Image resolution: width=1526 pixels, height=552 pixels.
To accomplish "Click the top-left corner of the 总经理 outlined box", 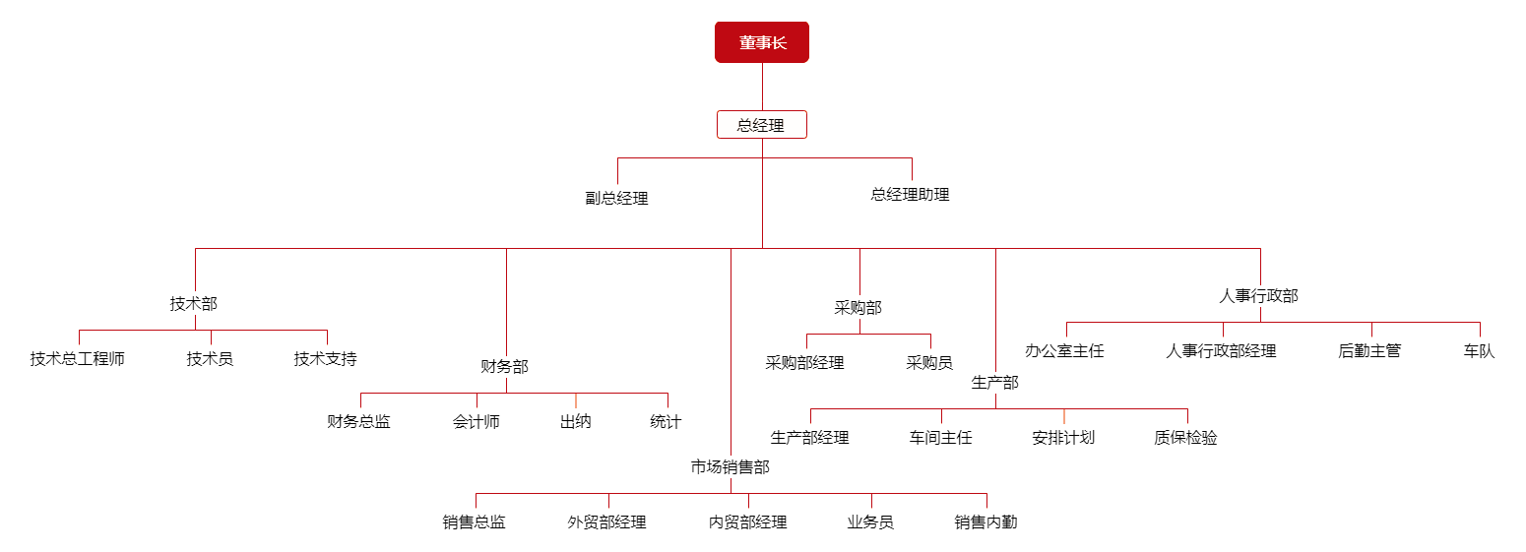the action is [718, 111].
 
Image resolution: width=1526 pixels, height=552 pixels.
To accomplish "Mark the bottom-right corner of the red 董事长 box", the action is [808, 63].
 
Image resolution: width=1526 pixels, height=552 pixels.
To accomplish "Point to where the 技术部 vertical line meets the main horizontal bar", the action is [196, 248].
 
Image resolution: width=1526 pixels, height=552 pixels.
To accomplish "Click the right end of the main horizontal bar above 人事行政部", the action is [1260, 248].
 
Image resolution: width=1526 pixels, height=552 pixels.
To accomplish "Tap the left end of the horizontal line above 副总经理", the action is [618, 157].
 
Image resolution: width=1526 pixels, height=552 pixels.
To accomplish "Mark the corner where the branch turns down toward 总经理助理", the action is [913, 157].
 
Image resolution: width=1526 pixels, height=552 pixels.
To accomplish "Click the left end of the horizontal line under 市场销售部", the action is [477, 494].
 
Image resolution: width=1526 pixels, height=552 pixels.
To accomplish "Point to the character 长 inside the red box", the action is [780, 43].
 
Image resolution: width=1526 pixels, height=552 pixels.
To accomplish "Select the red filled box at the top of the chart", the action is [762, 42].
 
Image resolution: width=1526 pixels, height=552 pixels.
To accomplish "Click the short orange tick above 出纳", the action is [576, 400].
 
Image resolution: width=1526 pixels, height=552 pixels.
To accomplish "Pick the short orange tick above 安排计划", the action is [1063, 416].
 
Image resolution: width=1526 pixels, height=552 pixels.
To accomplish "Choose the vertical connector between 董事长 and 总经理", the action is [762, 88].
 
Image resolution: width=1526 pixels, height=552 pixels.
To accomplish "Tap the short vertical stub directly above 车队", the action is [1480, 330].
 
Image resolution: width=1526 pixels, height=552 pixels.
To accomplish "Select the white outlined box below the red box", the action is [762, 125].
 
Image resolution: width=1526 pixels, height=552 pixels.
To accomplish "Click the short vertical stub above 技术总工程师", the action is [80, 337].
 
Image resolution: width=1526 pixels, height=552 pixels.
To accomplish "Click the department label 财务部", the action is [505, 366].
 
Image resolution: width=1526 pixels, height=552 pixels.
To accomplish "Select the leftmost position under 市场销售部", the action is [475, 522].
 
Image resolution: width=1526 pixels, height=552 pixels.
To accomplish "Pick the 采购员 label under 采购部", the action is [929, 363].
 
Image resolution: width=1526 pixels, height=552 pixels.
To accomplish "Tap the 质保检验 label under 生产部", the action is [1185, 438].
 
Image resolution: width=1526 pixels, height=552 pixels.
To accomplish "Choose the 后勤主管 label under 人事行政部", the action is [1369, 350].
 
